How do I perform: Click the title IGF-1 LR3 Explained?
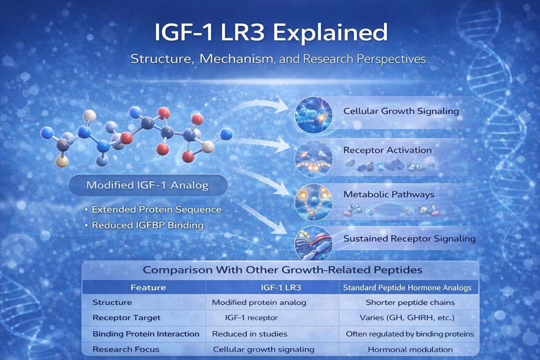coord(271,33)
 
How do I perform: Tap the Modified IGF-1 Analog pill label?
coord(148,185)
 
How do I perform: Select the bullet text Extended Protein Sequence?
coord(157,209)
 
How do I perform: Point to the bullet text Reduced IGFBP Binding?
coord(148,225)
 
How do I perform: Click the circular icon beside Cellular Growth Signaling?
coord(313,115)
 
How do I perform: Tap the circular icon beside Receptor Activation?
coord(313,159)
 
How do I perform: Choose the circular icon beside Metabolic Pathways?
coord(313,202)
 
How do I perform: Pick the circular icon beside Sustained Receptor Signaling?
coord(313,243)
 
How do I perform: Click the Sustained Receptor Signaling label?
coord(409,239)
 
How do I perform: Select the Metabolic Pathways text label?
coord(389,195)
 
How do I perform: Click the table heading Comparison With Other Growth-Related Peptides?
coord(283,270)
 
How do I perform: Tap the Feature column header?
coord(148,287)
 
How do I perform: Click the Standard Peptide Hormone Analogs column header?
coord(407,288)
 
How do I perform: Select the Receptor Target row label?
coord(126,318)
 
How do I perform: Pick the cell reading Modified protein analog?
coord(259,303)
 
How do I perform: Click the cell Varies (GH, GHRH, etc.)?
coord(407,318)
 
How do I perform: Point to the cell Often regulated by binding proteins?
coord(410,334)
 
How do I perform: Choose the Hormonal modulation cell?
coord(410,349)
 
